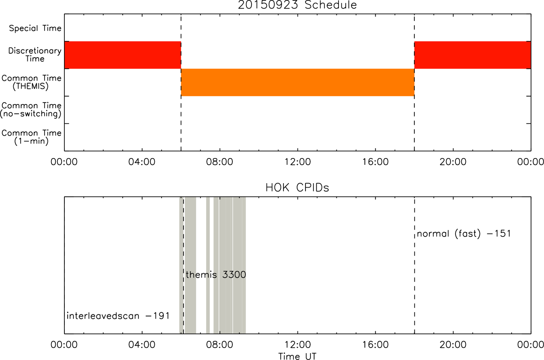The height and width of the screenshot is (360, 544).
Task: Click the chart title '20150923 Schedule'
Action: point(297,5)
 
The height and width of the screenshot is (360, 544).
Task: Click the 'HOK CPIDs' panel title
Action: point(297,188)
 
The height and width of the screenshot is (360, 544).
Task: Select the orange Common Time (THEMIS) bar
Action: point(298,82)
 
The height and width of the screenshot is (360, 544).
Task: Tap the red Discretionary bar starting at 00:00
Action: point(123,55)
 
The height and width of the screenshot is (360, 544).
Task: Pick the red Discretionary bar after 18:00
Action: point(473,55)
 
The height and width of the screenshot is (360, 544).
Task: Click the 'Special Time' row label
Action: point(35,28)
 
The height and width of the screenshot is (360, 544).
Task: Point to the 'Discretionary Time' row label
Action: point(35,55)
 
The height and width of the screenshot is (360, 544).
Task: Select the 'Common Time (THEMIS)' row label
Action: point(31,82)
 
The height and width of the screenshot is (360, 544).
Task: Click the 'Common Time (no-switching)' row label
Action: point(31,110)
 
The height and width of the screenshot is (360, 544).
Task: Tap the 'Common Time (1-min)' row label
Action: point(31,137)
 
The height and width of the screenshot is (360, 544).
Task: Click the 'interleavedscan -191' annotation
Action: point(118,316)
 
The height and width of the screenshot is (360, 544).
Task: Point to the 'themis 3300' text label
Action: point(216,275)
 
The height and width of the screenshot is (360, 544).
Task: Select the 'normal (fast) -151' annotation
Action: point(464,234)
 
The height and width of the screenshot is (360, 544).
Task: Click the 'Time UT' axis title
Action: point(297,356)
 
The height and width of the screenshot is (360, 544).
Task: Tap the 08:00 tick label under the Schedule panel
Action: point(219,162)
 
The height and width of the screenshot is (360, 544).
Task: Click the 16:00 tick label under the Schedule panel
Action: point(375,162)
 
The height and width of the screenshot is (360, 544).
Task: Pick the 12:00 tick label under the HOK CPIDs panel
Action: point(298,345)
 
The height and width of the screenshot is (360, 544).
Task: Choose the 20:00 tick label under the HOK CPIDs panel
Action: point(453,345)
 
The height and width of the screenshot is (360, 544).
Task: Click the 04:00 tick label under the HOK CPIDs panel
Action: point(142,345)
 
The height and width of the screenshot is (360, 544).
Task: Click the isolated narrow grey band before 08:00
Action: point(208,265)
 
